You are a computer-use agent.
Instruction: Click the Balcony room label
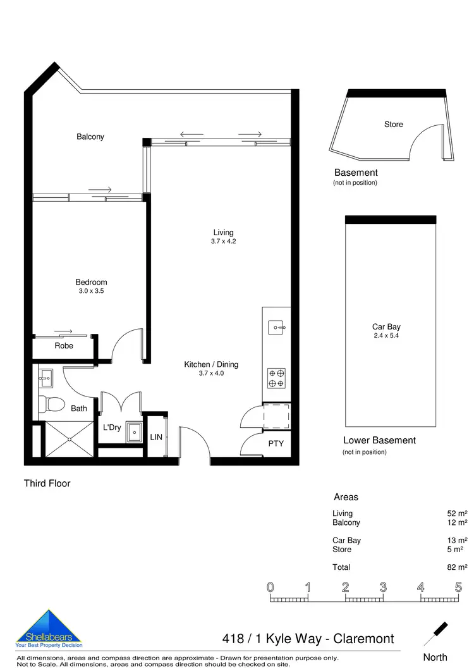click(x=90, y=137)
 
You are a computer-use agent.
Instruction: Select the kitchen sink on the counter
click(x=276, y=328)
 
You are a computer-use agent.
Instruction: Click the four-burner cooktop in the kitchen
click(x=276, y=378)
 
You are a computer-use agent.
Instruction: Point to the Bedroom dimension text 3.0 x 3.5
click(x=91, y=292)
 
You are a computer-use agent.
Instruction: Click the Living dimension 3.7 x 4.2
click(x=223, y=242)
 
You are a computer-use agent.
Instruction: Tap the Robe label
click(x=64, y=346)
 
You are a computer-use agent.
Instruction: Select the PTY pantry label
click(x=276, y=443)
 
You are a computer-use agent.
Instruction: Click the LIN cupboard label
click(x=156, y=436)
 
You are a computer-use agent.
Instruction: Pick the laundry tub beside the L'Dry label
click(x=134, y=433)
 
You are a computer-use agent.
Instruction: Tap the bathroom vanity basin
click(x=46, y=380)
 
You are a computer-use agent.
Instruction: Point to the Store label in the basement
click(x=393, y=125)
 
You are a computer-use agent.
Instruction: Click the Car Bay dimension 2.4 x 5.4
click(x=386, y=336)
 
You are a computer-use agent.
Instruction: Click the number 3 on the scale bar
click(x=383, y=587)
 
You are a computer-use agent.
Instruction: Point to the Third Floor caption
click(x=47, y=484)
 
